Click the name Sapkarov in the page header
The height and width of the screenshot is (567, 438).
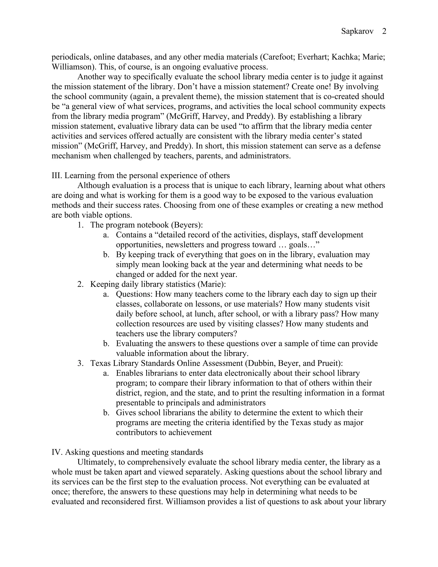(x=357, y=31)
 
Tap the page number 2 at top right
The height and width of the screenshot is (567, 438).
(x=384, y=31)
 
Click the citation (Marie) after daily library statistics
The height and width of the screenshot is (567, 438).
(x=212, y=284)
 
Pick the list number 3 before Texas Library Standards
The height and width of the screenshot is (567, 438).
(x=80, y=363)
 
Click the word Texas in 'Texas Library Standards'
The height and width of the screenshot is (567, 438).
(x=101, y=363)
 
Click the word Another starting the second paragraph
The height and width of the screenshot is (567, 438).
(x=91, y=77)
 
